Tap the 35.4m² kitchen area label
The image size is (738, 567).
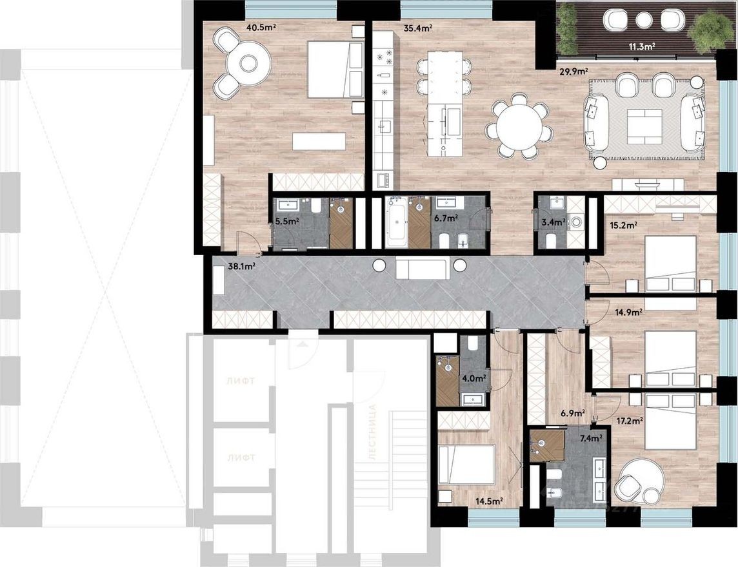click(417, 28)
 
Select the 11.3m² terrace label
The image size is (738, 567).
click(642, 46)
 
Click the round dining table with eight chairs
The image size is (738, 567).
click(519, 126)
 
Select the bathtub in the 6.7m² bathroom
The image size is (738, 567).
click(396, 223)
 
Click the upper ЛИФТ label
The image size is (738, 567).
click(241, 381)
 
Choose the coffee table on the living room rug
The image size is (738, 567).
click(645, 126)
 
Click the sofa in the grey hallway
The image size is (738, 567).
click(421, 267)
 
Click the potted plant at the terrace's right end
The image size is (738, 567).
click(710, 30)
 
